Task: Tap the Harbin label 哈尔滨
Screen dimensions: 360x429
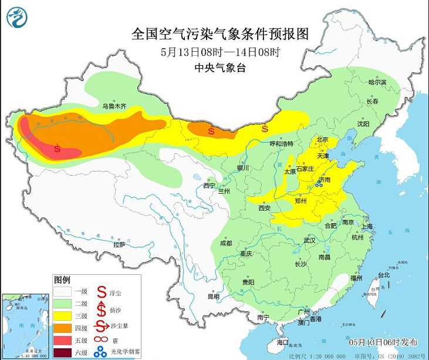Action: tap(377, 83)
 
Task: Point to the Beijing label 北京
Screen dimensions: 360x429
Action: tap(322, 140)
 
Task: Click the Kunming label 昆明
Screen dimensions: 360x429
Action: tap(213, 296)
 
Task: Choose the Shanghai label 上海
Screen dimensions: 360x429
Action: tap(368, 226)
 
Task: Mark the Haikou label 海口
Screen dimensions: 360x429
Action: tap(283, 342)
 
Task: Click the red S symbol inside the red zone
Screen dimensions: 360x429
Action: tap(57, 148)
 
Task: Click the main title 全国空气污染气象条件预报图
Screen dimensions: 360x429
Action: tap(220, 33)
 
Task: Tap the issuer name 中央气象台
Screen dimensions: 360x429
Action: tap(220, 68)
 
